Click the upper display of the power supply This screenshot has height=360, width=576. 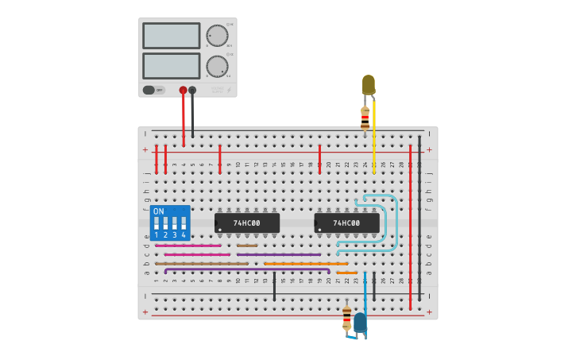click(171, 36)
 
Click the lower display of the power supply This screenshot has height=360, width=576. click(171, 66)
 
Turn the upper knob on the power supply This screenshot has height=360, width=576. click(217, 36)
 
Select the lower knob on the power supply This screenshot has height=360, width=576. click(217, 66)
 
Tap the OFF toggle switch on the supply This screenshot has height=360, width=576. click(153, 90)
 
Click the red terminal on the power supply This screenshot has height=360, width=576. click(183, 90)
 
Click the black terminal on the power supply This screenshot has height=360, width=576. click(192, 90)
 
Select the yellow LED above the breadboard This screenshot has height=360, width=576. click(368, 84)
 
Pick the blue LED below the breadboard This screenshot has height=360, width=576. click(360, 322)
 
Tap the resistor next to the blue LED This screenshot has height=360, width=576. click(346, 316)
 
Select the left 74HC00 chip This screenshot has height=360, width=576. click(247, 223)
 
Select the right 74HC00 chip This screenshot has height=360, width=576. click(346, 223)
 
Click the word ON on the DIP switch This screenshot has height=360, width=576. click(158, 211)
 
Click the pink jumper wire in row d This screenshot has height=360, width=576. click(187, 246)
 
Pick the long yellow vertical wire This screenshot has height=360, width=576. click(374, 135)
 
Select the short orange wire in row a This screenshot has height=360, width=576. click(346, 273)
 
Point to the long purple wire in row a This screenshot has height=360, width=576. click(246, 270)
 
